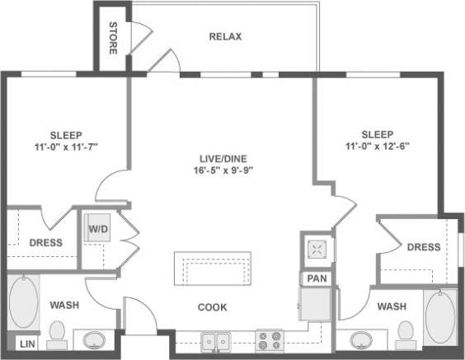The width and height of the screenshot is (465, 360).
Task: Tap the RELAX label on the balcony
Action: pyautogui.click(x=225, y=36)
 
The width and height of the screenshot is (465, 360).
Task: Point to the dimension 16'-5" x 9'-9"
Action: pyautogui.click(x=221, y=170)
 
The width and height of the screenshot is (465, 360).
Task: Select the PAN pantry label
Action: pyautogui.click(x=316, y=279)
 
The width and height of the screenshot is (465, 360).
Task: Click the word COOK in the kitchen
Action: pyautogui.click(x=213, y=307)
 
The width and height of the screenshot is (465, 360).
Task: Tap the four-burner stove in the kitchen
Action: pyautogui.click(x=270, y=339)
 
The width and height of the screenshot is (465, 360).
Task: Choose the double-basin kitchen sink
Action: pyautogui.click(x=217, y=339)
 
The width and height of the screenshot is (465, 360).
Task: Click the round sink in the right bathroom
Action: pyautogui.click(x=360, y=339)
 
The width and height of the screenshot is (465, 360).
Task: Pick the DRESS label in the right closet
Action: pyautogui.click(x=424, y=247)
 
